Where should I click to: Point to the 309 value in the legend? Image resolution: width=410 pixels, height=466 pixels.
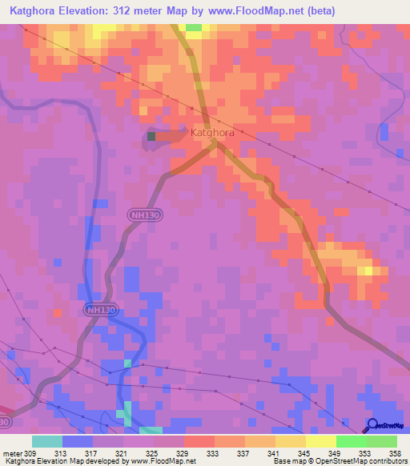[x=30, y=452]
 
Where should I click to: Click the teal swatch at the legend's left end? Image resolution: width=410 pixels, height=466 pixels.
[x=46, y=441]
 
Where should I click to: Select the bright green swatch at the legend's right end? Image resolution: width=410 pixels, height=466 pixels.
[x=381, y=441]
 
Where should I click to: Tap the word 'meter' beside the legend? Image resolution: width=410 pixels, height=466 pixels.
[x=12, y=452]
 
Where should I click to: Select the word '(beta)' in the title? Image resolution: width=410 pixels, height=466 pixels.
[x=319, y=10]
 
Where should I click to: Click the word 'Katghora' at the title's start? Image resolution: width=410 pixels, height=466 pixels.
[x=33, y=10]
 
